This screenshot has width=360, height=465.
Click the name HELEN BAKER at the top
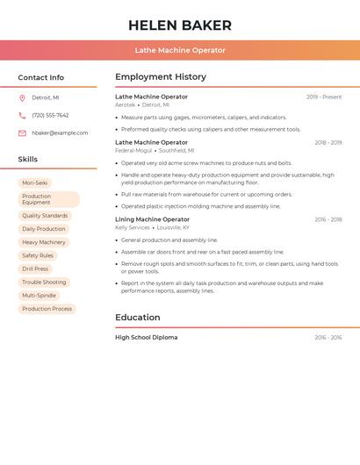pyautogui.click(x=180, y=25)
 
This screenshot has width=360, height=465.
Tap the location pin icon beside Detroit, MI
pyautogui.click(x=22, y=98)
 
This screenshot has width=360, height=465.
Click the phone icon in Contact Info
pyautogui.click(x=22, y=116)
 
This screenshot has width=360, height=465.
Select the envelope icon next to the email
pyautogui.click(x=22, y=133)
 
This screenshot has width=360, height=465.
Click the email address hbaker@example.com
pyautogui.click(x=60, y=133)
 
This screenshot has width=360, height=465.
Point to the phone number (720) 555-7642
pyautogui.click(x=50, y=116)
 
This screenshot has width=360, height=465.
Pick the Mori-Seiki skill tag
pyautogui.click(x=35, y=183)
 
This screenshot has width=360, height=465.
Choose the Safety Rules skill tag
pyautogui.click(x=38, y=256)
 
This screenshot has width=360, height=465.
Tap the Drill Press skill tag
pyautogui.click(x=35, y=269)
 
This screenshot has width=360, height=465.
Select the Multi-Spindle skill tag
pyautogui.click(x=40, y=296)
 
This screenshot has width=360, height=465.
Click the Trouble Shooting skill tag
pyautogui.click(x=44, y=283)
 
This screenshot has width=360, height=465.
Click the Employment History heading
pyautogui.click(x=161, y=77)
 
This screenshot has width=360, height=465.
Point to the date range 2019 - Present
pyautogui.click(x=324, y=97)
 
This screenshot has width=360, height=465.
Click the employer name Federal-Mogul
pyautogui.click(x=133, y=150)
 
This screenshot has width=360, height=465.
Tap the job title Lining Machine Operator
pyautogui.click(x=152, y=219)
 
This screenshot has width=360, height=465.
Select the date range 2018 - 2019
pyautogui.click(x=328, y=142)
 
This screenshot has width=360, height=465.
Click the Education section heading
pyautogui.click(x=138, y=318)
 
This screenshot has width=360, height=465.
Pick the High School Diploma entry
pyautogui.click(x=146, y=338)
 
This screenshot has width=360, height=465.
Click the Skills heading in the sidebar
pyautogui.click(x=28, y=160)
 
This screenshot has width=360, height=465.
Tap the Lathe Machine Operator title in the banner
pyautogui.click(x=180, y=50)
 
